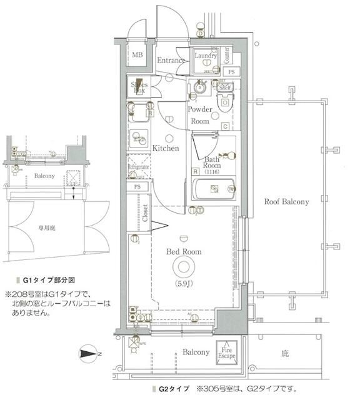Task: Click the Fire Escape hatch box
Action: tap(226, 352)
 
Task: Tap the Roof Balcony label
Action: tap(286, 202)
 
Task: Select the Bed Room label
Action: tap(183, 251)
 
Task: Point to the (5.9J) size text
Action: tap(183, 286)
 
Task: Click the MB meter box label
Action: tap(137, 56)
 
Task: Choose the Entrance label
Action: tap(171, 61)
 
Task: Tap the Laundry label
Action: tap(205, 56)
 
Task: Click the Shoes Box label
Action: tap(139, 87)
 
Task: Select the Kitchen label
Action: tap(166, 148)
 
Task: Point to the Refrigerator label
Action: tap(138, 167)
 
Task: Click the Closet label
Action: tap(145, 212)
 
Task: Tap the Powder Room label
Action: tap(199, 115)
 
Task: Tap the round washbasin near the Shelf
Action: tap(200, 89)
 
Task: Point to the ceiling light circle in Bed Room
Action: tap(183, 268)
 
